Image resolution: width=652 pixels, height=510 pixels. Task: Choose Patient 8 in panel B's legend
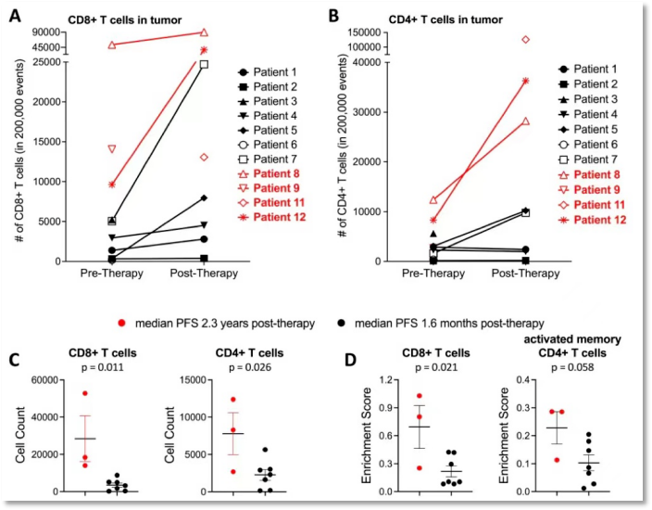click(x=595, y=174)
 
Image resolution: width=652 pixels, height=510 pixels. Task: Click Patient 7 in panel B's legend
click(x=595, y=159)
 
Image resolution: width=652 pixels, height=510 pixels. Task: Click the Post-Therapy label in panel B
click(x=526, y=274)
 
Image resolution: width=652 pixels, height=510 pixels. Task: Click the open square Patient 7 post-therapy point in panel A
click(x=204, y=64)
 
